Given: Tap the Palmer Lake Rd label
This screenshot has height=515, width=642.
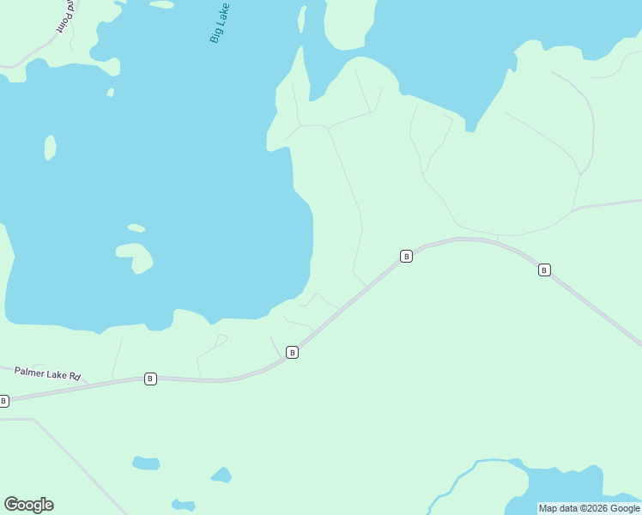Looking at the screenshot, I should pos(47,374).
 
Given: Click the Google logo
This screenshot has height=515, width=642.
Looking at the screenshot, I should pos(29,505).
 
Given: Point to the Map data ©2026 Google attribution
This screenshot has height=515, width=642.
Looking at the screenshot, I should pos(589,508).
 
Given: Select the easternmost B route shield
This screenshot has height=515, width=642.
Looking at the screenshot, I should pos(544,270).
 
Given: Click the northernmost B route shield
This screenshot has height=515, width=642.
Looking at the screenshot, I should pos(407,256).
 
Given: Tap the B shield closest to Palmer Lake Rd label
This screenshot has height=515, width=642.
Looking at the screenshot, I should pos(150,379).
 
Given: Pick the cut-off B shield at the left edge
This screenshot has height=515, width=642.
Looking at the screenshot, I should pos(3,401).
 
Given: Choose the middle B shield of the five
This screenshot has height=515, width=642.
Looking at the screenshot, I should pos(293,352).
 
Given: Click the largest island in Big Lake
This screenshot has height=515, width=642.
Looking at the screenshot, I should pos(136,256).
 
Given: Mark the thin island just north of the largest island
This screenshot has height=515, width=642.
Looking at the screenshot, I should pos(136,228).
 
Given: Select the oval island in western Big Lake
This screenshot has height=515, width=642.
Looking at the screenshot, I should pos(51,148).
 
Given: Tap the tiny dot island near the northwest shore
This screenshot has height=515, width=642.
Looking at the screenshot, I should pos(111,92).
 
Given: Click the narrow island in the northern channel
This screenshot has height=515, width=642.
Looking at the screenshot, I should pos(302,21).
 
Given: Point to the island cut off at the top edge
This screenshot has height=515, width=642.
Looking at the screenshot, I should pos(161,3).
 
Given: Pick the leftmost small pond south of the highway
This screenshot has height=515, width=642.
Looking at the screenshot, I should pos(146,463).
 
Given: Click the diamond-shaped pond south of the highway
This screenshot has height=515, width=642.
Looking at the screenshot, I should pos(221,475).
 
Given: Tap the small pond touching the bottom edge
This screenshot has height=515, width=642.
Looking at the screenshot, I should pos(183,505).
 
